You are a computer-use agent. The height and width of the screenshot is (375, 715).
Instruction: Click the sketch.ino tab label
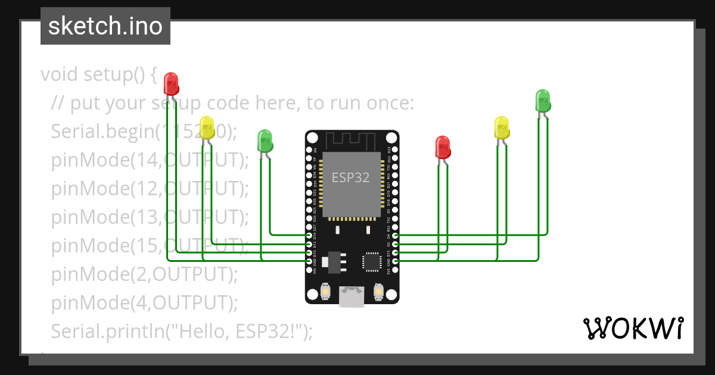105,26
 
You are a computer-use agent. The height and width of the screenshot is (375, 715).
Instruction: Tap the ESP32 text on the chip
350,177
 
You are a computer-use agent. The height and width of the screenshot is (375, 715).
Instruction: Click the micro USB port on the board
352,296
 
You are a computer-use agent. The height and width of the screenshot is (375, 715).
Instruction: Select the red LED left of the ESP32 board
171,83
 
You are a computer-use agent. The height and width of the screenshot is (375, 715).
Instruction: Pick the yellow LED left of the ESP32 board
207,128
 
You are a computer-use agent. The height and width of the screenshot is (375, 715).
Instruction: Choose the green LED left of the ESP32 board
265,141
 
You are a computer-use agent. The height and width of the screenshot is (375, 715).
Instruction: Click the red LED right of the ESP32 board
442,147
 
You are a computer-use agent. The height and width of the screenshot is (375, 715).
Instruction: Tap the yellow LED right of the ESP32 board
502,128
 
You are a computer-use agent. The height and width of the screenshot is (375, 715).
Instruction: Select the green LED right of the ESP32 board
543,100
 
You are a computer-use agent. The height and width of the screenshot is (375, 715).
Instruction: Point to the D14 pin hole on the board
309,235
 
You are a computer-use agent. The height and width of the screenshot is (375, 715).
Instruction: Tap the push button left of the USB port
325,292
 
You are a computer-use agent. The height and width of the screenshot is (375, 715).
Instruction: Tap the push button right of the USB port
378,292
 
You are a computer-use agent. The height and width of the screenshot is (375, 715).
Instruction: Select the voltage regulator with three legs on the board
332,261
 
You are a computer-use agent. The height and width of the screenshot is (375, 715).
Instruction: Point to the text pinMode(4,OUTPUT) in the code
144,302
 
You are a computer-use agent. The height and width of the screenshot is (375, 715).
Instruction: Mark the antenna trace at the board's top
352,140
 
